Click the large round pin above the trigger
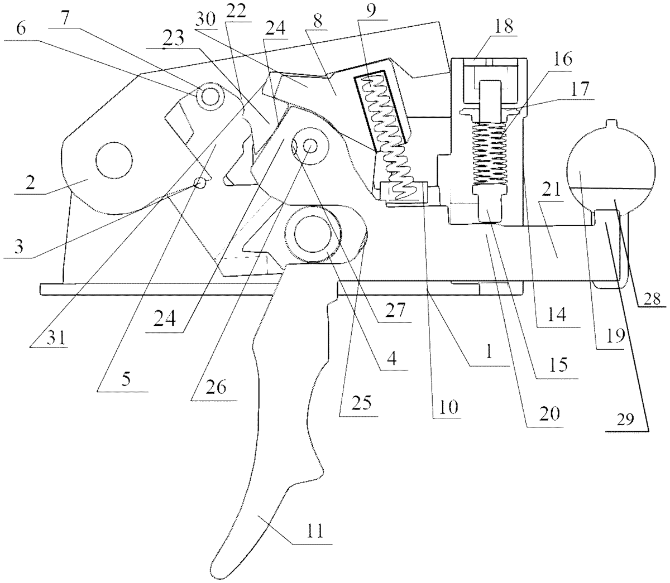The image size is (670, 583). (x=307, y=234)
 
